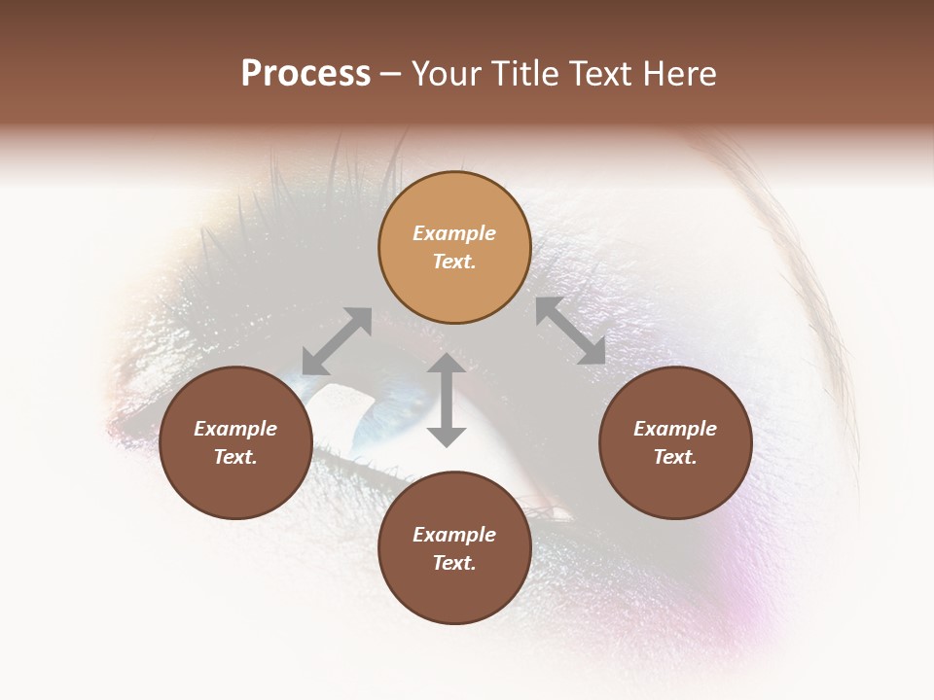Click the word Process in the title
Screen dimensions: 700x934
point(305,74)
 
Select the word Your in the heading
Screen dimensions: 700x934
point(446,74)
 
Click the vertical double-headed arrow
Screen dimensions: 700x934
point(447,400)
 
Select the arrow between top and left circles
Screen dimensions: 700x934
point(337,341)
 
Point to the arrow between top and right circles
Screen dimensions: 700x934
point(571,331)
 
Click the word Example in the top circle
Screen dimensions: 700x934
point(454,233)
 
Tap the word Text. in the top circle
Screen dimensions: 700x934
point(454,262)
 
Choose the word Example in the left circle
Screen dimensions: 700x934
point(235,429)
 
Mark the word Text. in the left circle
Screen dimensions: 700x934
point(235,457)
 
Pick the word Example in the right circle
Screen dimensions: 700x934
point(675,429)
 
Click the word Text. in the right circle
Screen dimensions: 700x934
point(675,457)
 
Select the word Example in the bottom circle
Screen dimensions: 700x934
point(454,535)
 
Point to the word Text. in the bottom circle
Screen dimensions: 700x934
point(454,563)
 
